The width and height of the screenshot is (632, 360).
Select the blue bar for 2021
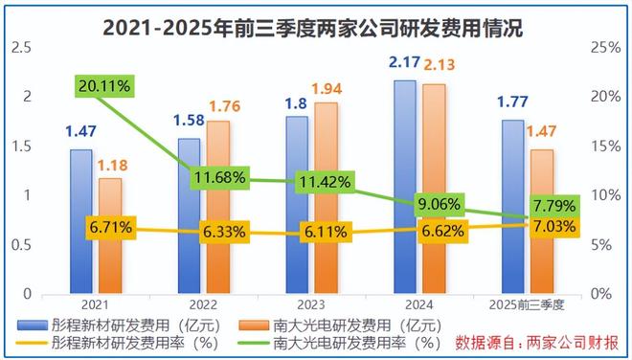81,221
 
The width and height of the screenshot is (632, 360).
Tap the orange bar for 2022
219,207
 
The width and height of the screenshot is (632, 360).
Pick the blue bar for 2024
405,187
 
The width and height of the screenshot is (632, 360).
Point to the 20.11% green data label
105,87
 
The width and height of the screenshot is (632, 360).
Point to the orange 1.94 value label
327,86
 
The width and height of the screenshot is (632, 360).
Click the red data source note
537,341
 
